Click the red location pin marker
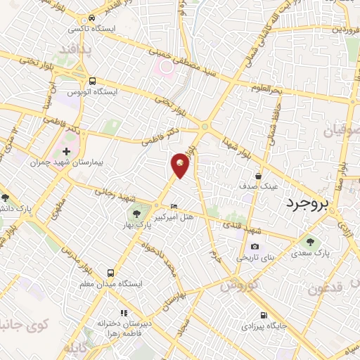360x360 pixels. (181, 165)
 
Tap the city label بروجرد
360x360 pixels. (313, 204)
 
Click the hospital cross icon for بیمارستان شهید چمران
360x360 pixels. (67, 151)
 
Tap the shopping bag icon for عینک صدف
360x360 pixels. (259, 176)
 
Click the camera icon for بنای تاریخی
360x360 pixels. (255, 247)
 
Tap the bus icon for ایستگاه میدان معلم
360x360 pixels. (110, 272)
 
